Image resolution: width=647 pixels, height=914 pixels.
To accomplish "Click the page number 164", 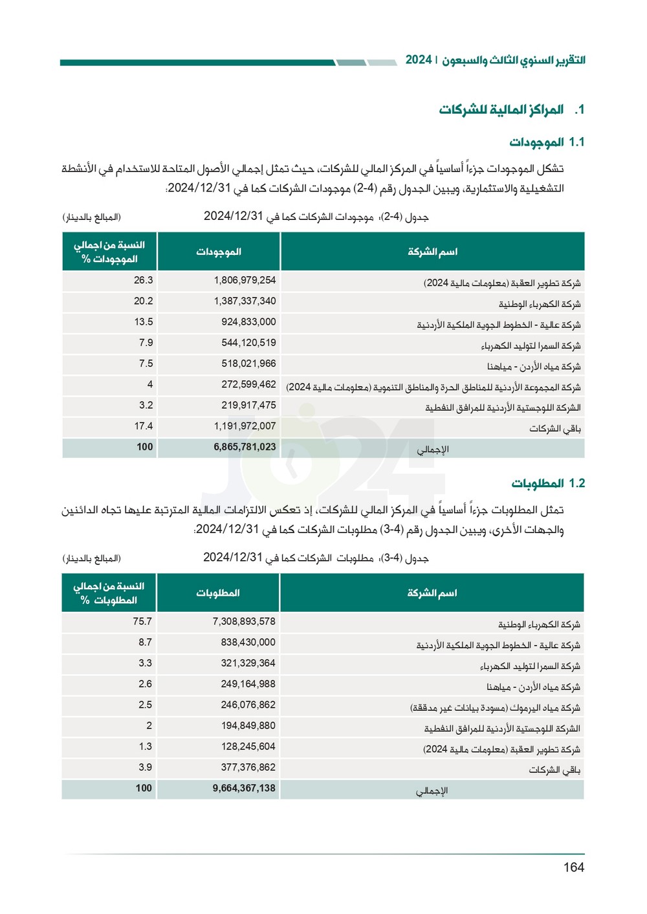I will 573,867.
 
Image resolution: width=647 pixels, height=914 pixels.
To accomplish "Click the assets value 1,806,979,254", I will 245,280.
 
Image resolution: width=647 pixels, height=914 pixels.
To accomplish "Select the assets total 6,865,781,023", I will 245,447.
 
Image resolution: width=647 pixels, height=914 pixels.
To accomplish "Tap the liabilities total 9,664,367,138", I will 244,789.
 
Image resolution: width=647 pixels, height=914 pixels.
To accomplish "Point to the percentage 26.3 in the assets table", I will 143,280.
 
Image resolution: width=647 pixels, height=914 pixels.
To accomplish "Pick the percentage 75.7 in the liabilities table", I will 142,622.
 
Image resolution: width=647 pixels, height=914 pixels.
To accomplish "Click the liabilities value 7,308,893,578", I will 244,622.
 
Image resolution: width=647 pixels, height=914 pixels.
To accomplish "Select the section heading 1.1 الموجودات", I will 547,142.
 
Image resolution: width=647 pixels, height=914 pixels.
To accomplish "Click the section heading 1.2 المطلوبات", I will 548,483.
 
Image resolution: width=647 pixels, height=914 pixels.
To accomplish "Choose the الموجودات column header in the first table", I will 219,252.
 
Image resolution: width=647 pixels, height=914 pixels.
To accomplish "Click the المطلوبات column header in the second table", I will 218,593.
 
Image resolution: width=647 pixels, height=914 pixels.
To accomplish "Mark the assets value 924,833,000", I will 248,322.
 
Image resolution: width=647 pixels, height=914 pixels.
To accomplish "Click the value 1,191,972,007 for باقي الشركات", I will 245,426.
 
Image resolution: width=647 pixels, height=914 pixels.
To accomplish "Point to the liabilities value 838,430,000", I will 248,642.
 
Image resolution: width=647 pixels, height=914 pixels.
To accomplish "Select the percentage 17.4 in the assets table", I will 143,426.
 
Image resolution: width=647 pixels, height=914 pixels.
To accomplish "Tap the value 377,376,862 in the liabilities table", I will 248,768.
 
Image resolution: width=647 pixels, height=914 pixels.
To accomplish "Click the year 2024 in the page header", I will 419,60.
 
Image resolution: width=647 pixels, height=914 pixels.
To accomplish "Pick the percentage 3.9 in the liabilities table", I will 145,768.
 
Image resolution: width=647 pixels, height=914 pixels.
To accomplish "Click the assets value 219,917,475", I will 248,406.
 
